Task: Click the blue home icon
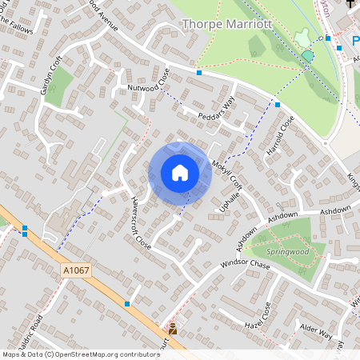pos(180,173)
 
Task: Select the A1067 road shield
pos(76,271)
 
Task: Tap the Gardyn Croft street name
pos(50,78)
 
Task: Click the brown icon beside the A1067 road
pos(173,328)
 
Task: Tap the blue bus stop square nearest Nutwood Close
pos(198,72)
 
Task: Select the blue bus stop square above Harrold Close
pos(277,104)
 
